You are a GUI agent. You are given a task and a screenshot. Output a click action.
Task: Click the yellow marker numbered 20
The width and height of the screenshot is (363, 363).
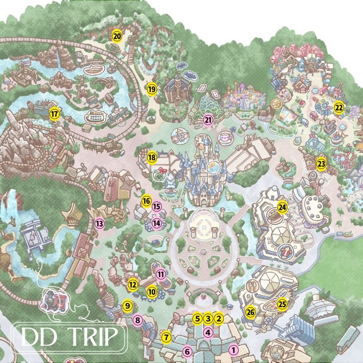(117, 36)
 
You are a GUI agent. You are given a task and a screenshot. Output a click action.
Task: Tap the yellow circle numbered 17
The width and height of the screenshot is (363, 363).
(54, 114)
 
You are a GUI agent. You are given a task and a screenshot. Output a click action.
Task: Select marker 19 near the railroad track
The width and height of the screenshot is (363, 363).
(151, 89)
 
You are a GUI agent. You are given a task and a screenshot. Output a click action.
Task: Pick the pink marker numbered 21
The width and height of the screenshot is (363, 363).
(208, 120)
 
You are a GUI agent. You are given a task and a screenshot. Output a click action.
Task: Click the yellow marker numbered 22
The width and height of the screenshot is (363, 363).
(339, 108)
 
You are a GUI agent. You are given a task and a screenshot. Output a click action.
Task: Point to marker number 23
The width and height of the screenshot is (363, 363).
(321, 163)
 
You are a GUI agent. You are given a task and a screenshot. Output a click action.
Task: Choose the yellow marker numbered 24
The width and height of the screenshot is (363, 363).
(282, 207)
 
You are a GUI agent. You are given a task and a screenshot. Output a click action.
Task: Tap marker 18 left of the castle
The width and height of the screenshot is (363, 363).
(152, 158)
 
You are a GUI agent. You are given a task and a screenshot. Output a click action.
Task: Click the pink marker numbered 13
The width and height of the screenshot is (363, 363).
(99, 224)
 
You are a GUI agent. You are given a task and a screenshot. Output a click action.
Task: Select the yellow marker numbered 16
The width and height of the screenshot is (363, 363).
(146, 200)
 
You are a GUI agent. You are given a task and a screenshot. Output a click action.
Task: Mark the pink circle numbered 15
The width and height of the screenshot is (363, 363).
(156, 207)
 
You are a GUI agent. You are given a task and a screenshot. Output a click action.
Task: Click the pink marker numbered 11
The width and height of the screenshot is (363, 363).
(161, 274)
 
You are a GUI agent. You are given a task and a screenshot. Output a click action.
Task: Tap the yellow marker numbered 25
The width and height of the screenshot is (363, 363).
(282, 304)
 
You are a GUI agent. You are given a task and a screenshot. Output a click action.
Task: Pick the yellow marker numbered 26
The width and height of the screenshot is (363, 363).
(251, 311)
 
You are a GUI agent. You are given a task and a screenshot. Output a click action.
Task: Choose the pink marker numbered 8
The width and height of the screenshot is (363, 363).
(138, 320)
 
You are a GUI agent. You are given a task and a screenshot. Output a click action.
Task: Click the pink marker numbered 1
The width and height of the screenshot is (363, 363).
(234, 350)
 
